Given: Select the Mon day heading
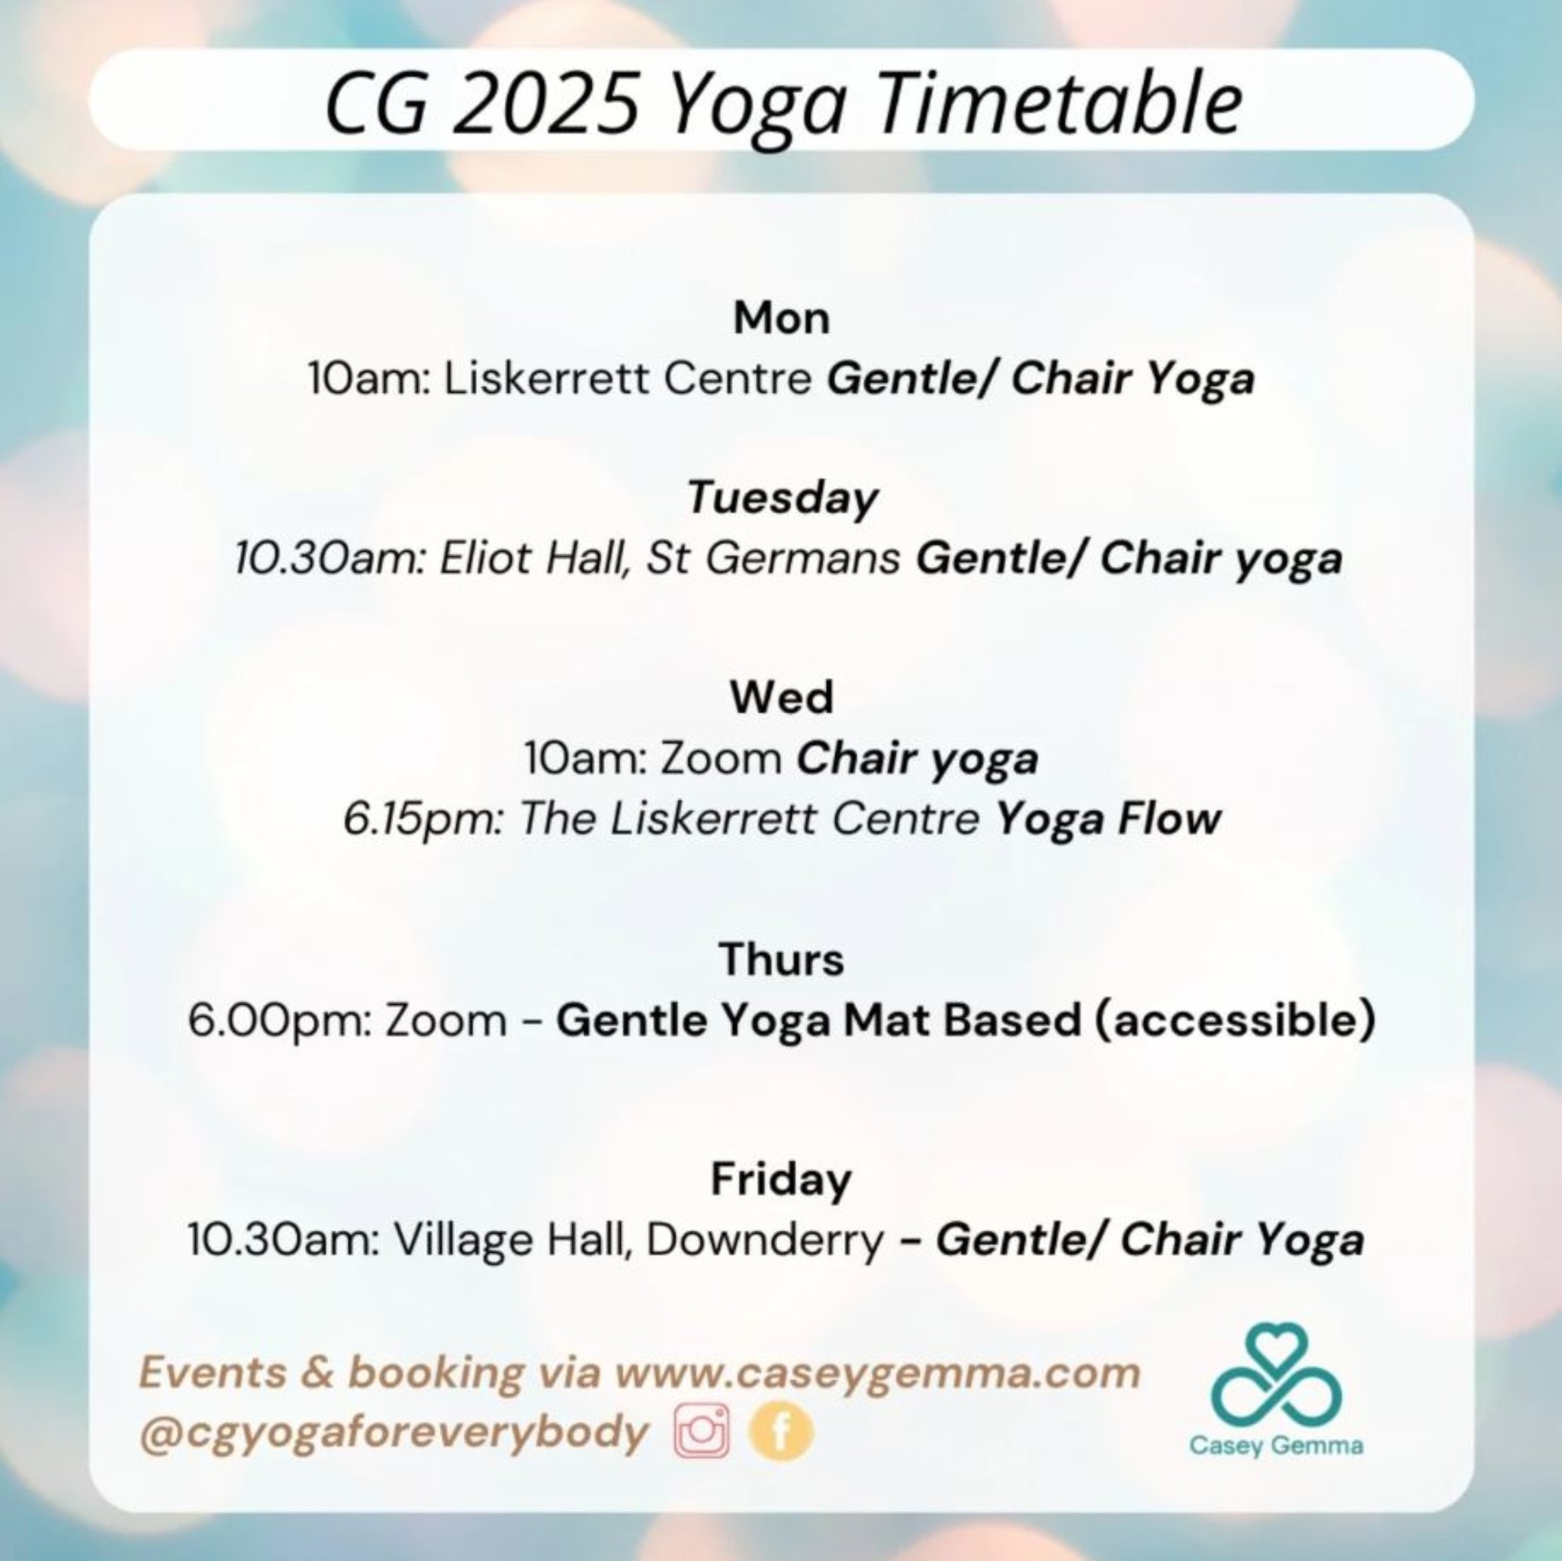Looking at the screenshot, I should click(x=781, y=317).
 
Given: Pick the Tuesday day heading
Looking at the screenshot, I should click(x=782, y=497).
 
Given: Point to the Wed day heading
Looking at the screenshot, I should click(x=781, y=697).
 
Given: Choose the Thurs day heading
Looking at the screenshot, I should click(x=781, y=959).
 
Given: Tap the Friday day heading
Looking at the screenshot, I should click(x=781, y=1180).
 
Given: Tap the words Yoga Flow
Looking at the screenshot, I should click(x=1107, y=819).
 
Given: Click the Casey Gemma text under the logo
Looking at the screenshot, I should click(x=1276, y=1444).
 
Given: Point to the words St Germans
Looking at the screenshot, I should click(x=773, y=558).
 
